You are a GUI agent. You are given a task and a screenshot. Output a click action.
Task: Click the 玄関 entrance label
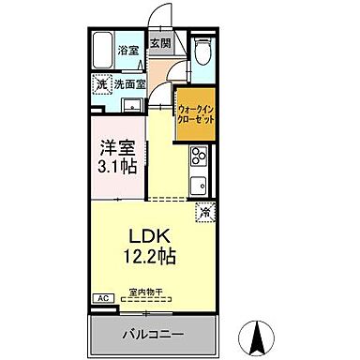161,43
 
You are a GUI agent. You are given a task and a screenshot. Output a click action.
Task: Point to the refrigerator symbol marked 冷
203,212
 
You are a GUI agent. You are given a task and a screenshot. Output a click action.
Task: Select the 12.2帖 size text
147,254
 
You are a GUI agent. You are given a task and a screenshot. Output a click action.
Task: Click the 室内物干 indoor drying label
146,292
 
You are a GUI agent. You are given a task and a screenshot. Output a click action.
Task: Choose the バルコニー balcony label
153,334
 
